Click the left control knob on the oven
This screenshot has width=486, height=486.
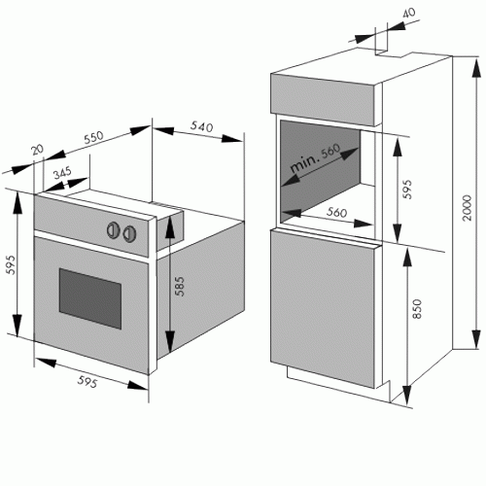(x=114, y=230)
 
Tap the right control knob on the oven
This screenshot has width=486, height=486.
(x=129, y=233)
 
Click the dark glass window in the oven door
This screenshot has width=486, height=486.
(x=90, y=298)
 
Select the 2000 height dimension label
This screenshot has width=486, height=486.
(x=467, y=208)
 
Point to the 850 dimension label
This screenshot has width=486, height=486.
(x=417, y=308)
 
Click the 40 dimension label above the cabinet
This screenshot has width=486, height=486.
(x=408, y=13)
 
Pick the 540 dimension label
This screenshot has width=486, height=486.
(x=201, y=126)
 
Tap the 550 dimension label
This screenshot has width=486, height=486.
(x=93, y=137)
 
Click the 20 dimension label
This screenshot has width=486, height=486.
(x=37, y=150)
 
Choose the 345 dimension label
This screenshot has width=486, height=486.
(x=62, y=173)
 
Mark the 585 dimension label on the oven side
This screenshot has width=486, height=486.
(x=179, y=286)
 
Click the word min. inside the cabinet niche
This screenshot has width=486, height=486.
(x=303, y=164)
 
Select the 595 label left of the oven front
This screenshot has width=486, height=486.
(x=11, y=264)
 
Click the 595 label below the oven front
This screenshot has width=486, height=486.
(x=87, y=381)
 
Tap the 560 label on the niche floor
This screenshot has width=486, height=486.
(x=336, y=212)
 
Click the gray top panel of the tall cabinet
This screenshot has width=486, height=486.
(x=323, y=99)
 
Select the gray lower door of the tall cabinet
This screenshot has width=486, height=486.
(x=323, y=308)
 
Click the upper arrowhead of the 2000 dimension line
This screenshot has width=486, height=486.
(x=476, y=68)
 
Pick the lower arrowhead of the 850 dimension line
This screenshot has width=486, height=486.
(x=406, y=396)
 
